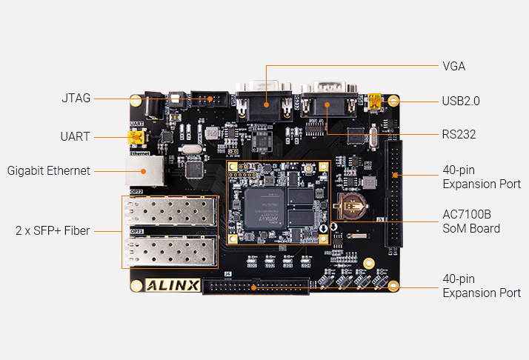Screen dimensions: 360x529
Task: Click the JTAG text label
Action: pos(76,98)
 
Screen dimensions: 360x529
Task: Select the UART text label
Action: pos(75,136)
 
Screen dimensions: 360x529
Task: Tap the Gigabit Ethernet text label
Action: pos(48,170)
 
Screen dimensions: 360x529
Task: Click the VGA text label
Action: pos(453,66)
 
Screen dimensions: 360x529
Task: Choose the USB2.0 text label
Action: pos(461,101)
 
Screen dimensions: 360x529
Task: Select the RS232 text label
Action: pos(459,134)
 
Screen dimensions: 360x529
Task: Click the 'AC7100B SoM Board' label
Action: pos(471,221)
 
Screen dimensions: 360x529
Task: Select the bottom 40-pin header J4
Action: pos(256,287)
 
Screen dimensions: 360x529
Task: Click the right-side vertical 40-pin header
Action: pos(393,195)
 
